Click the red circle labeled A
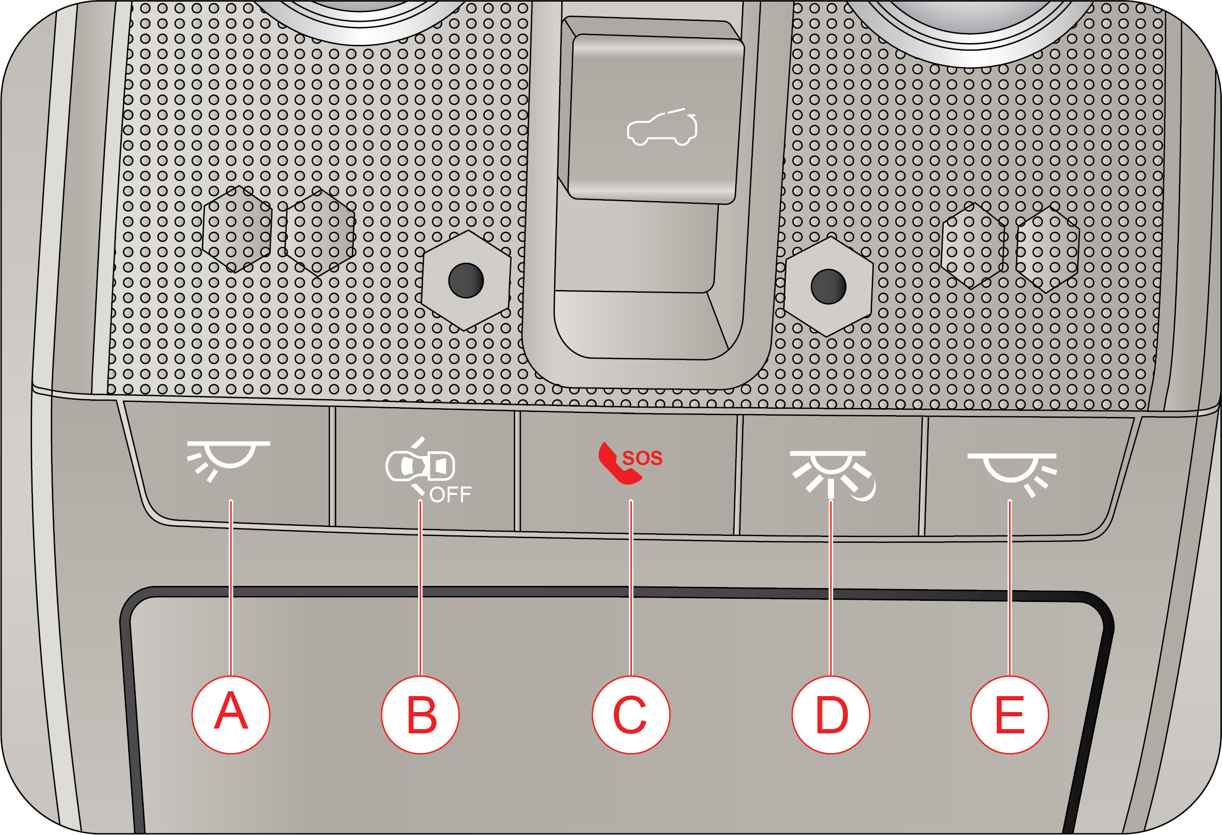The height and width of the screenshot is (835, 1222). click(231, 714)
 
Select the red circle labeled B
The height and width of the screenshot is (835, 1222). click(420, 714)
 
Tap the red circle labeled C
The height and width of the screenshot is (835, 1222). click(631, 714)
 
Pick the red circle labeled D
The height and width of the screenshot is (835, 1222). click(831, 714)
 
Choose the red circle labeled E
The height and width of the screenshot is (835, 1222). click(1010, 714)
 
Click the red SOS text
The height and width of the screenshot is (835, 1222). click(642, 458)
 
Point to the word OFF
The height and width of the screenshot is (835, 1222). click(450, 495)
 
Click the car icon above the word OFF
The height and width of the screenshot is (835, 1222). click(420, 466)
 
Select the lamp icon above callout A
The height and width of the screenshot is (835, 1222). click(228, 461)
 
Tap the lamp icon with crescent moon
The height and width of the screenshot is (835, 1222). click(833, 475)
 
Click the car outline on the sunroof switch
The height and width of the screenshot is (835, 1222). click(662, 128)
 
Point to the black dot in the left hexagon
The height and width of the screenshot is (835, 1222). click(466, 280)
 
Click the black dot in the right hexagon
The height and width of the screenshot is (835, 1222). click(828, 286)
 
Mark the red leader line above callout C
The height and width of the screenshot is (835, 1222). click(631, 588)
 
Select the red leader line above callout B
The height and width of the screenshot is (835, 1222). click(420, 588)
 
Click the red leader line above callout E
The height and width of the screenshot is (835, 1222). click(1010, 588)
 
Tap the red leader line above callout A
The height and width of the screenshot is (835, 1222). click(231, 588)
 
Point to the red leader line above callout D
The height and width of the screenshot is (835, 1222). click(831, 588)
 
